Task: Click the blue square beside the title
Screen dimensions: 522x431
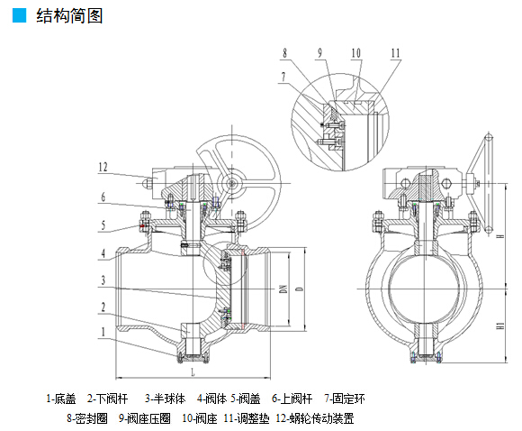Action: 19,15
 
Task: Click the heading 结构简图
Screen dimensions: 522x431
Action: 69,15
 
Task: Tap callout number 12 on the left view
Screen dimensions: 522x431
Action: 103,167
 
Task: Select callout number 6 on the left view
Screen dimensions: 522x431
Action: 103,197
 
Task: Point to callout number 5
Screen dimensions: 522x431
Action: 103,225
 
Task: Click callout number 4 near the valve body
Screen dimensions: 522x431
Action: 103,253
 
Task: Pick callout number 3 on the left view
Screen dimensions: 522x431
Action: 103,280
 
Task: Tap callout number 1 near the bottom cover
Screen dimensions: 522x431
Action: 103,332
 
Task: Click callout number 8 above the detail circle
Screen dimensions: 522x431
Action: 284,52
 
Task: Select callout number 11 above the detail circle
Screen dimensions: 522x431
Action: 395,52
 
